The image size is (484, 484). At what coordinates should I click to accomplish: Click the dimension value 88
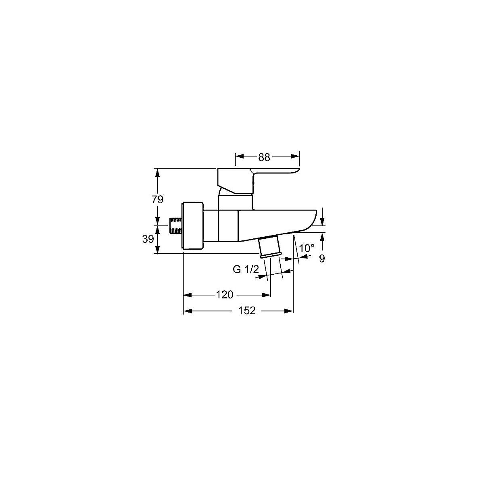coord(264,157)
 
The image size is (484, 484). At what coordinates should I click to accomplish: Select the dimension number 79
coord(157,199)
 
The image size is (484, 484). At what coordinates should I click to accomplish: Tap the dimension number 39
coord(148,239)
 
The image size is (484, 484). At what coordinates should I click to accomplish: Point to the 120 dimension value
coord(225,294)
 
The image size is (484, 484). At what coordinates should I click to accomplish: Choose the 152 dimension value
coord(247,311)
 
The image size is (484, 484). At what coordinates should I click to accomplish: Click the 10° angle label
coord(307,248)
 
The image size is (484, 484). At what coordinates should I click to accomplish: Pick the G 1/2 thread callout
coord(246,269)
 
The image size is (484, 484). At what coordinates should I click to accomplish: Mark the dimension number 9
coord(322,259)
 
